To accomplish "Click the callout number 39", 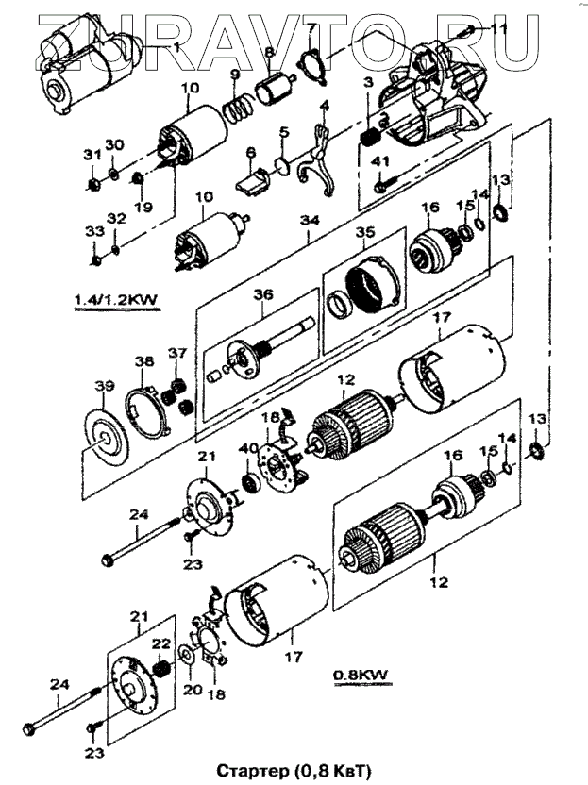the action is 104,386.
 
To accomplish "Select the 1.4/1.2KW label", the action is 116,299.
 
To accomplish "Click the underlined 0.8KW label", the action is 361,675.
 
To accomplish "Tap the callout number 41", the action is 381,161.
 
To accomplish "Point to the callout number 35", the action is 365,233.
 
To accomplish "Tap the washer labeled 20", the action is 186,656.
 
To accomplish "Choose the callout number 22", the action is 161,643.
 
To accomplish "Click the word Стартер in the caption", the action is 252,771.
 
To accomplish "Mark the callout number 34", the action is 310,220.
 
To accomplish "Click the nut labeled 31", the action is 93,185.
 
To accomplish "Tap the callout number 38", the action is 143,361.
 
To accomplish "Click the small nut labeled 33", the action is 95,260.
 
